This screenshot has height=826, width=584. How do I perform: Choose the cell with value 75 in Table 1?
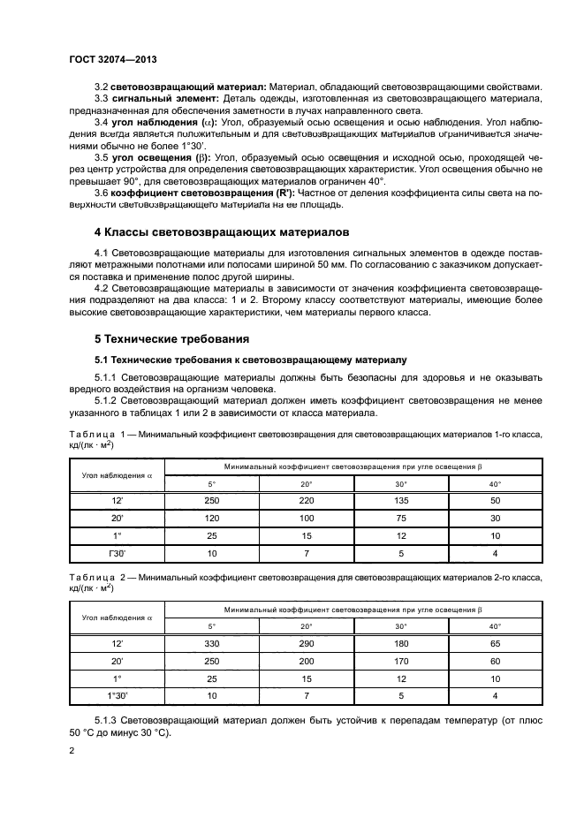pyautogui.click(x=400, y=519)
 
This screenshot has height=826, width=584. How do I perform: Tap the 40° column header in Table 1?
pyautogui.click(x=495, y=484)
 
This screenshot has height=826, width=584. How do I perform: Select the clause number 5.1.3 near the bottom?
pyautogui.click(x=109, y=721)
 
